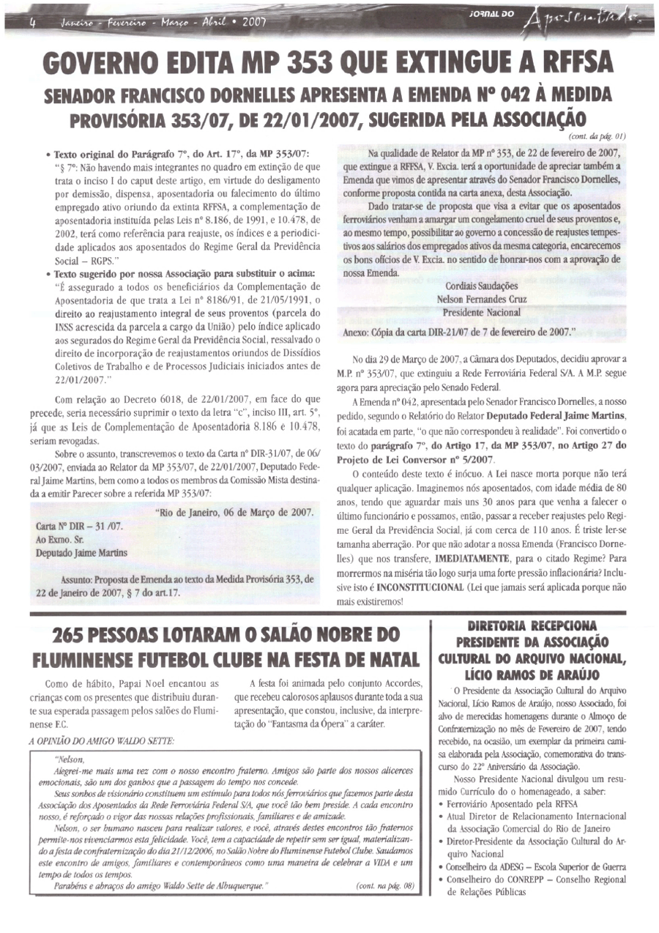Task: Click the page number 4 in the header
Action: [x=31, y=22]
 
